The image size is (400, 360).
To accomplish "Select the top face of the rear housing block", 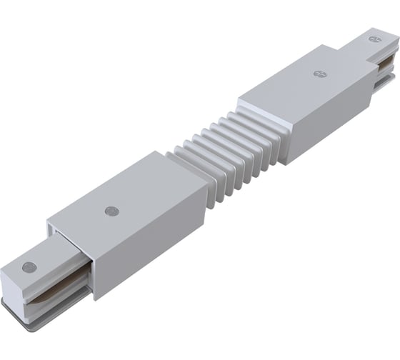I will click(300, 79).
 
